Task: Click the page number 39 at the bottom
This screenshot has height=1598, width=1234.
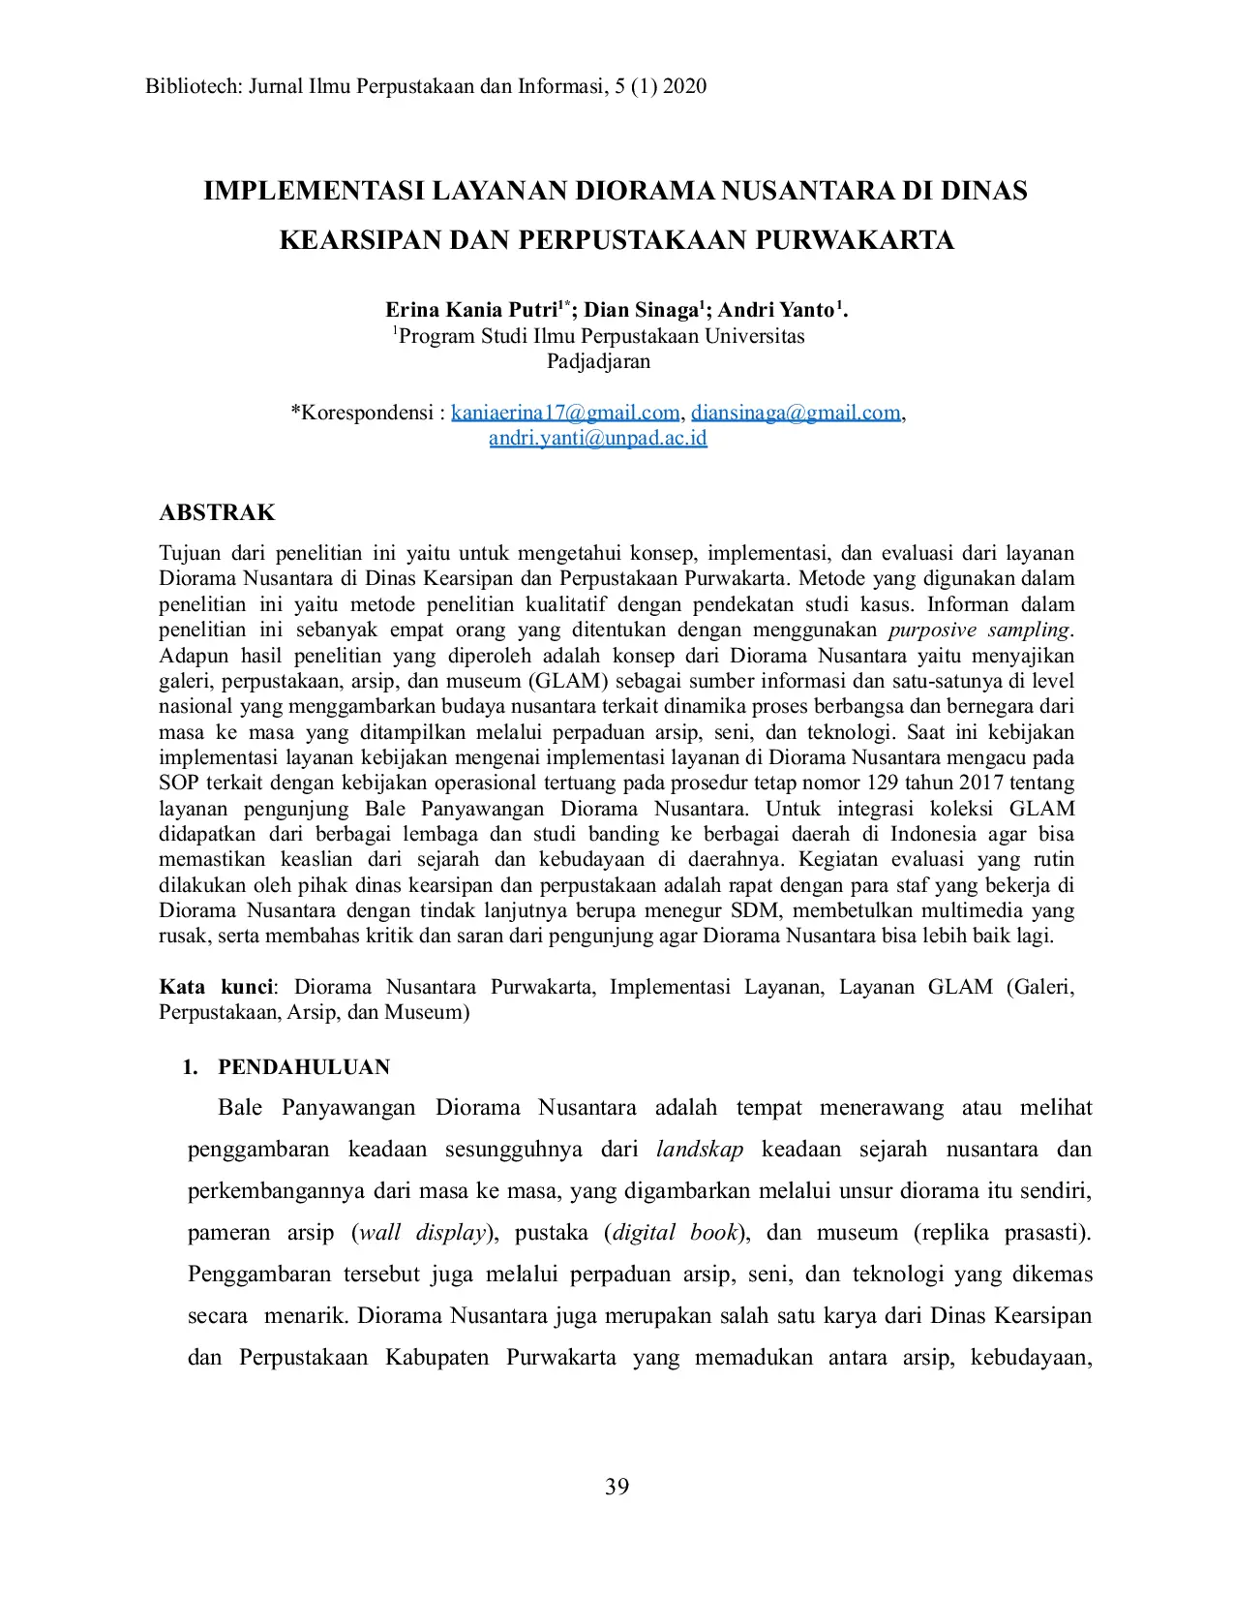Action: (617, 1487)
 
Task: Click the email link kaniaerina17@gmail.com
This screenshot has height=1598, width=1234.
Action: (565, 413)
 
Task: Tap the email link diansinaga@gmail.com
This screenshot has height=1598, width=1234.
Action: (796, 413)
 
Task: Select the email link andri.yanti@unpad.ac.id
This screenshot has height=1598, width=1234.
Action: (597, 438)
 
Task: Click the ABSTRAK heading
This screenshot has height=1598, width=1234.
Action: (217, 512)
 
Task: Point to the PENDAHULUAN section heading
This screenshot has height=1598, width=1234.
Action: (303, 1067)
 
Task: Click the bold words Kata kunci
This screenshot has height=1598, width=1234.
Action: (217, 987)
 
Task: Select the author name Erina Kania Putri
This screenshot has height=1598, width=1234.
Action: (471, 310)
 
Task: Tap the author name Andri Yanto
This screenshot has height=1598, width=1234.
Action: (775, 310)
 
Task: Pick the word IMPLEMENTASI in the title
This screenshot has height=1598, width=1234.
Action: (314, 191)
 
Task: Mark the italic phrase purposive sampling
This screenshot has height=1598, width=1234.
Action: (979, 630)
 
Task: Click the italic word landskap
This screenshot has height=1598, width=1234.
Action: (700, 1150)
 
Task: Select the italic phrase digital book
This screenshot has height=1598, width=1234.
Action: (675, 1233)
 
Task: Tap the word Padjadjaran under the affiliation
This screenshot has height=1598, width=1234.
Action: (598, 361)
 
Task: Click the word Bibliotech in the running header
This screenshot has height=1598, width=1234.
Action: (191, 86)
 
